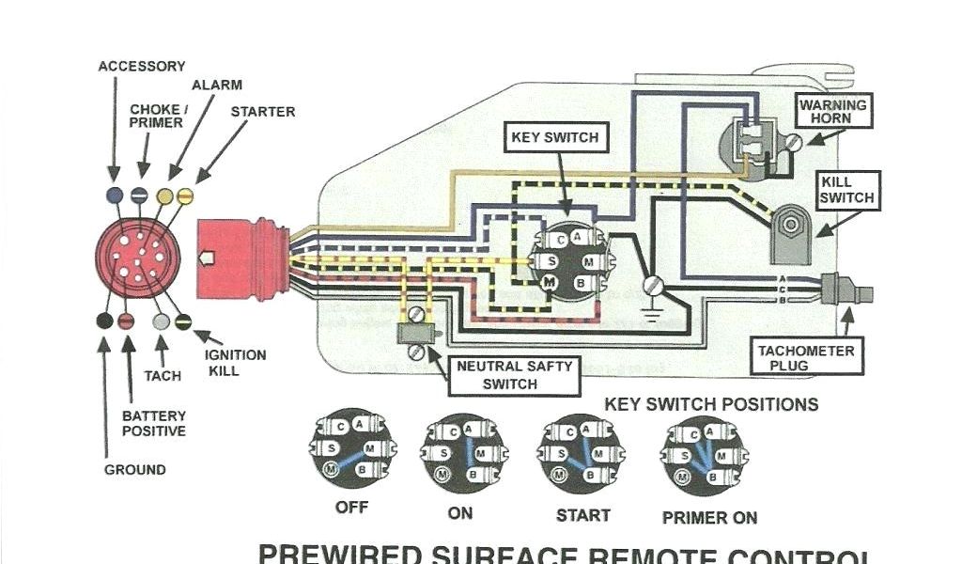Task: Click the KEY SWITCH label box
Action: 554,137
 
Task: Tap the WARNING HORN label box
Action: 832,112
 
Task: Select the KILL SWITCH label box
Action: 846,190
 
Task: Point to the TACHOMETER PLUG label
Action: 806,357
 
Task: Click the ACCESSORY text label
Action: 142,67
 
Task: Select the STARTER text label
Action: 263,112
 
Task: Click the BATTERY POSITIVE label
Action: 153,423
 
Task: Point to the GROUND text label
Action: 134,470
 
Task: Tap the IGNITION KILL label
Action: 235,363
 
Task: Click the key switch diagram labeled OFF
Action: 351,448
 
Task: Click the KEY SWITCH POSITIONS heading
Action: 711,405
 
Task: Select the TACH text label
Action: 163,376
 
